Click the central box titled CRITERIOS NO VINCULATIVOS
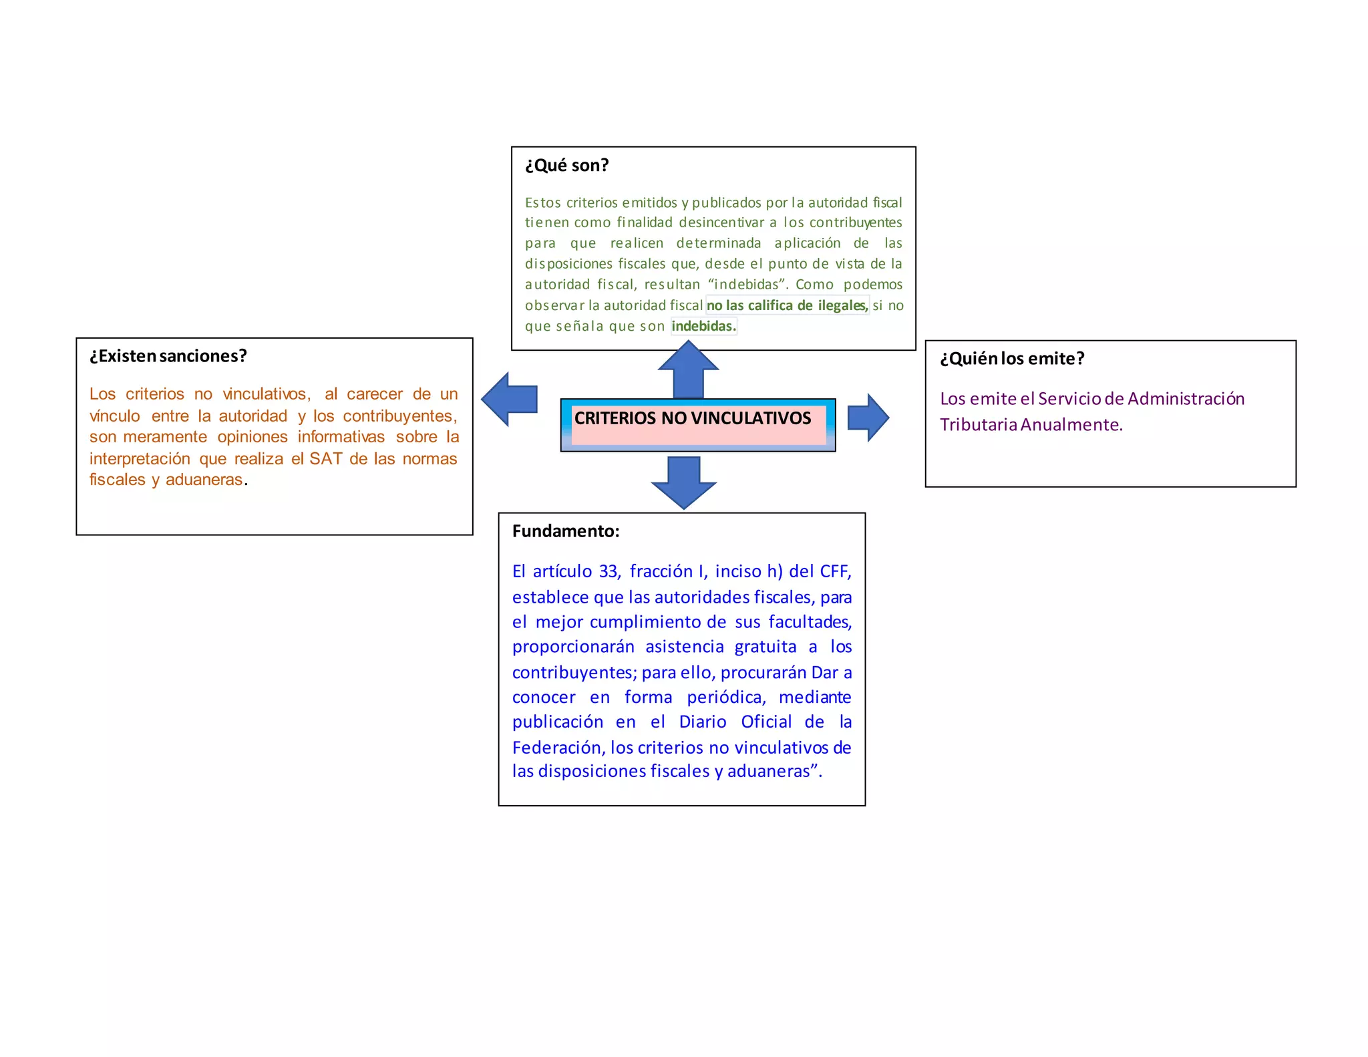pyautogui.click(x=697, y=424)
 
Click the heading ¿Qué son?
pyautogui.click(x=566, y=165)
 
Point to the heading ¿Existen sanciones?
pyautogui.click(x=168, y=356)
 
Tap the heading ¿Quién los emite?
pyautogui.click(x=1011, y=359)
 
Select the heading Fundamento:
pyautogui.click(x=566, y=531)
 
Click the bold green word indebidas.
pyautogui.click(x=703, y=326)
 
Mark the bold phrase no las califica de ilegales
pyautogui.click(x=787, y=305)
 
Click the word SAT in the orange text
pyautogui.click(x=326, y=459)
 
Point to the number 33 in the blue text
pyautogui.click(x=609, y=571)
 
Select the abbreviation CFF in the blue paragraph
pyautogui.click(x=834, y=571)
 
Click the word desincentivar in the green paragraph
pyautogui.click(x=721, y=222)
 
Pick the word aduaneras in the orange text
pyautogui.click(x=204, y=480)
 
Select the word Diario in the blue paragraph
pyautogui.click(x=702, y=722)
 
